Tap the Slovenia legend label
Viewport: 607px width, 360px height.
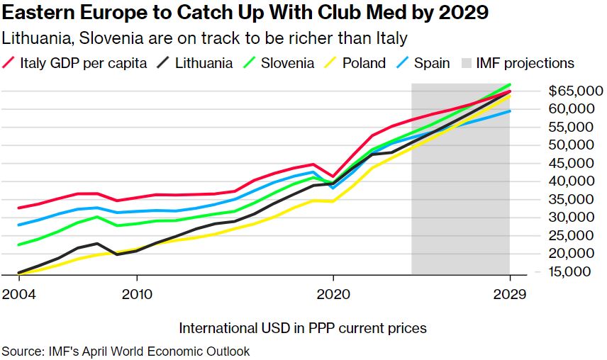coord(287,63)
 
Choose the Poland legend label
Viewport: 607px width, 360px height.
coord(364,63)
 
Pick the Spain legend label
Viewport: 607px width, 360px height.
coord(432,63)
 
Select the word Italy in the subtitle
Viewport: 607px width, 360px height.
coord(392,37)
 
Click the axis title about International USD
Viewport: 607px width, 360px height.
coord(303,328)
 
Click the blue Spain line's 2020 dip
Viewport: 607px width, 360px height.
coord(333,188)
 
